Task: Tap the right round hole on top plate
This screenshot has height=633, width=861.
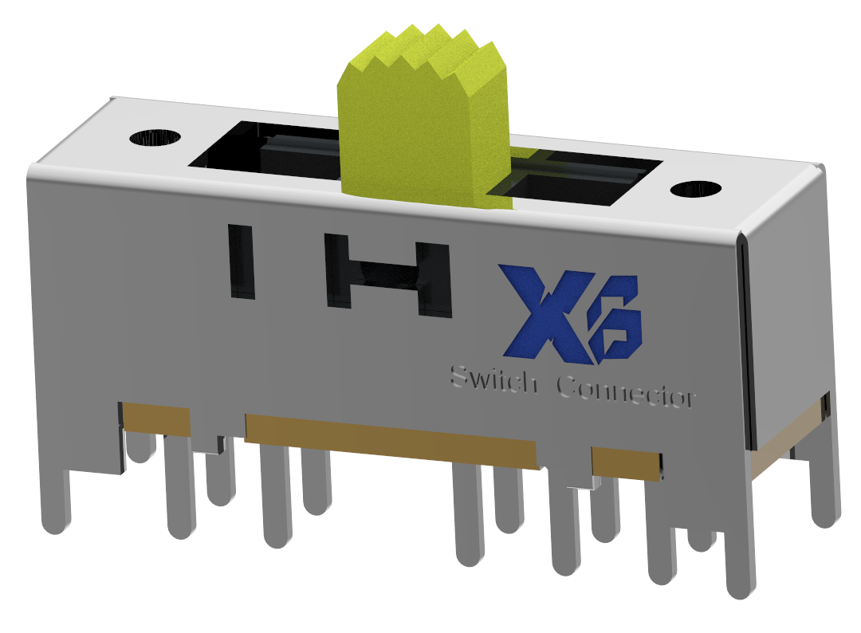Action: tap(695, 190)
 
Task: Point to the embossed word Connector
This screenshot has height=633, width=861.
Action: tap(627, 391)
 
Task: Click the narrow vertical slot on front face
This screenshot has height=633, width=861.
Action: tap(241, 261)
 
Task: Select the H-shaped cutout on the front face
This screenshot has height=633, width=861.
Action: tap(389, 276)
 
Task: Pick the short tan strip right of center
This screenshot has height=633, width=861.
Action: tap(626, 463)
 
